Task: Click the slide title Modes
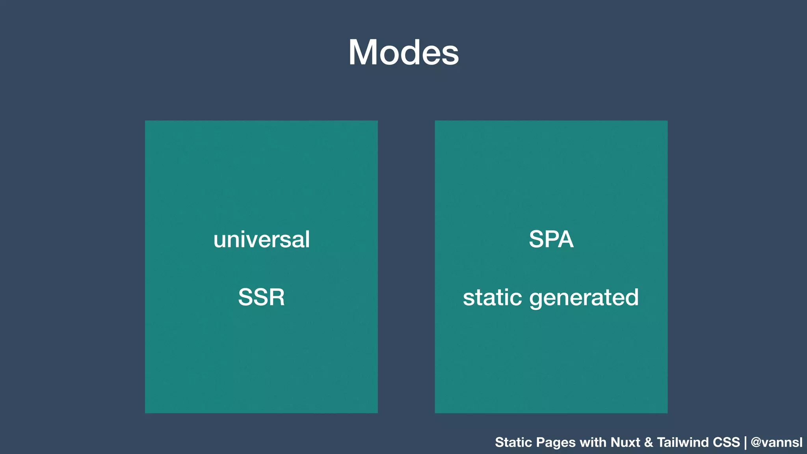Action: tap(403, 52)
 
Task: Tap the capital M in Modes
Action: tap(363, 52)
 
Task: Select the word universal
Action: tap(262, 240)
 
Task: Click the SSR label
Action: tap(261, 297)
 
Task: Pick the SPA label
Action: tap(551, 239)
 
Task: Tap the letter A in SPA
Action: tap(565, 239)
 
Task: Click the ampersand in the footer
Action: tap(649, 442)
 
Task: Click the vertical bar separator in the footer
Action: tap(746, 443)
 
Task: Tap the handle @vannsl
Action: tap(777, 442)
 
